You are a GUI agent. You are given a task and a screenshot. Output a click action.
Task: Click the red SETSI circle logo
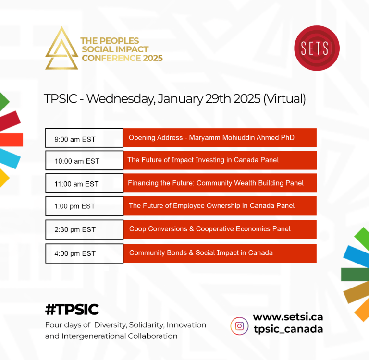pyautogui.click(x=317, y=48)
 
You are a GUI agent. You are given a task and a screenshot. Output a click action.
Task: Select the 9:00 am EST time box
pyautogui.click(x=84, y=138)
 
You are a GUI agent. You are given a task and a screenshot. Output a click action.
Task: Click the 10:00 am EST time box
pyautogui.click(x=84, y=160)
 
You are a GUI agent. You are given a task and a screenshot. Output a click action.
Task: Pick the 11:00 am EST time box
pyautogui.click(x=84, y=183)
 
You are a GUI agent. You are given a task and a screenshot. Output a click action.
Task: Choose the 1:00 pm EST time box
pyautogui.click(x=84, y=206)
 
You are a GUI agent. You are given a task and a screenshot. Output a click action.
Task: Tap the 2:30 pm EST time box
pyautogui.click(x=84, y=229)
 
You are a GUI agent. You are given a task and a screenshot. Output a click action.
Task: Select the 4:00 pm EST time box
pyautogui.click(x=84, y=253)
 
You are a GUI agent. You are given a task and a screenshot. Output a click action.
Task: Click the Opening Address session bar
pyautogui.click(x=220, y=138)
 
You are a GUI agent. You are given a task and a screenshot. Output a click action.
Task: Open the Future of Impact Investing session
pyautogui.click(x=220, y=160)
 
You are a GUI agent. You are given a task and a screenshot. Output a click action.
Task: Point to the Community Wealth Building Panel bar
pyautogui.click(x=220, y=183)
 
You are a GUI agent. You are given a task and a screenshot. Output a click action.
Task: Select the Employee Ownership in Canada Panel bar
pyautogui.click(x=220, y=206)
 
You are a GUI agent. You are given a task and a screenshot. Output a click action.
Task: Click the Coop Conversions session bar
pyautogui.click(x=220, y=229)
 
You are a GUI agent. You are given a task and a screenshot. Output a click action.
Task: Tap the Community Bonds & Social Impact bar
pyautogui.click(x=220, y=253)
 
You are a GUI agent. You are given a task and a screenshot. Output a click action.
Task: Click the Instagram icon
pyautogui.click(x=239, y=326)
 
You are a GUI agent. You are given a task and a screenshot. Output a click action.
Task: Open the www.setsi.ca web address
pyautogui.click(x=288, y=317)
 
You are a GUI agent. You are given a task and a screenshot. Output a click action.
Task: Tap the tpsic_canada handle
pyautogui.click(x=288, y=329)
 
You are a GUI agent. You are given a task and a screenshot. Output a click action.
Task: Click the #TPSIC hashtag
pyautogui.click(x=72, y=309)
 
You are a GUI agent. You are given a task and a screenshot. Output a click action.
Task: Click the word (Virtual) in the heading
pyautogui.click(x=284, y=99)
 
